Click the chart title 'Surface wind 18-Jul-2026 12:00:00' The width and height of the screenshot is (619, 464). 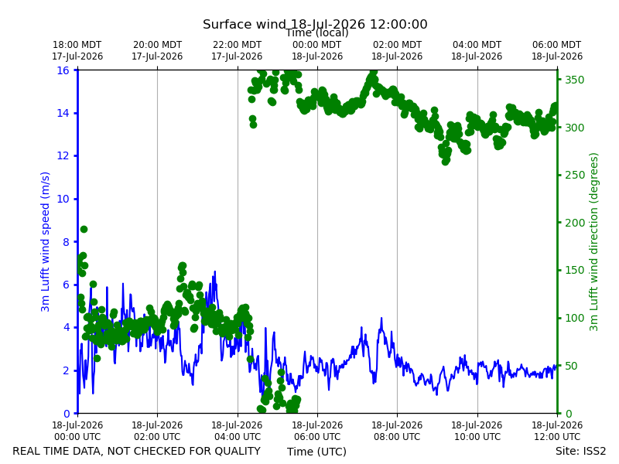click(x=315, y=24)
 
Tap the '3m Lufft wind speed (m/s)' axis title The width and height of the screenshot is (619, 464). click(x=45, y=241)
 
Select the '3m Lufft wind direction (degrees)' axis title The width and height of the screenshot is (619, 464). click(x=593, y=242)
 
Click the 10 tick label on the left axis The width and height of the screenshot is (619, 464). click(x=63, y=199)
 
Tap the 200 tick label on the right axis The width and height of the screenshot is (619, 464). click(x=574, y=223)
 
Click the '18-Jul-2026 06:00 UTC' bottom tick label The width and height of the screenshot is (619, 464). click(x=317, y=431)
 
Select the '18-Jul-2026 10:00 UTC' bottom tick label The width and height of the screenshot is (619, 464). click(x=477, y=431)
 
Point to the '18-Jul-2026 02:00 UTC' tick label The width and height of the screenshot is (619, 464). click(x=157, y=431)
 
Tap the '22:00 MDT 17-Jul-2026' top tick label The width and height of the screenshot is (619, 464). click(x=237, y=50)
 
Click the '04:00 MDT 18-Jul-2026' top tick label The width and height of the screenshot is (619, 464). click(x=477, y=50)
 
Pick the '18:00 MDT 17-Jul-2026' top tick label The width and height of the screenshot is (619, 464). click(x=77, y=50)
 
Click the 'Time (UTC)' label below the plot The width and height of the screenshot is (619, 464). click(x=316, y=452)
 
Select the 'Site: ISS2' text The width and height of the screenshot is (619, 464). click(x=580, y=451)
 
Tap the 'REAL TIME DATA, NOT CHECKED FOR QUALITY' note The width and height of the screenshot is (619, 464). click(x=137, y=451)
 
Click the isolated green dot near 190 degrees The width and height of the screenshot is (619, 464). click(x=84, y=229)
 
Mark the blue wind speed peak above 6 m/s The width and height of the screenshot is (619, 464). click(x=215, y=272)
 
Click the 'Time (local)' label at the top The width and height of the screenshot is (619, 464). click(x=317, y=33)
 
